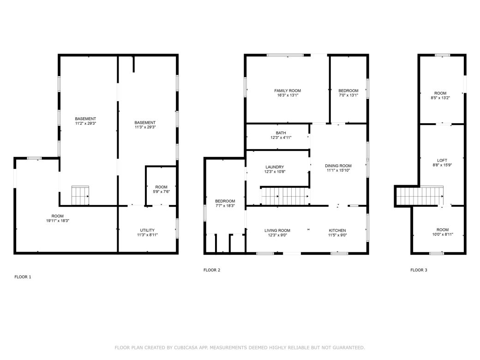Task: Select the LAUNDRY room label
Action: pos(275,167)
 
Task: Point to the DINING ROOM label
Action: pos(338,166)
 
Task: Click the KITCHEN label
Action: pos(337,230)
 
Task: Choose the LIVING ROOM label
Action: pos(277,230)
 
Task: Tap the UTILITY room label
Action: pos(147,230)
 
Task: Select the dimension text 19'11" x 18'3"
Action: pos(57,221)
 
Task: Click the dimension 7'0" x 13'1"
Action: pos(348,96)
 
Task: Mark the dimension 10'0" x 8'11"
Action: pos(442,234)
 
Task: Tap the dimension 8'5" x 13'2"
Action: pos(440,98)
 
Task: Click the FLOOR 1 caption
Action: pos(23,277)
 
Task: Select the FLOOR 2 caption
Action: pos(212,270)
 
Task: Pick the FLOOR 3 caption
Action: pos(419,270)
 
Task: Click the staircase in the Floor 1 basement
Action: pos(80,196)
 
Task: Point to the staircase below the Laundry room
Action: pos(285,196)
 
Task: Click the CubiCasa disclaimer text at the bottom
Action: pos(240,347)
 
